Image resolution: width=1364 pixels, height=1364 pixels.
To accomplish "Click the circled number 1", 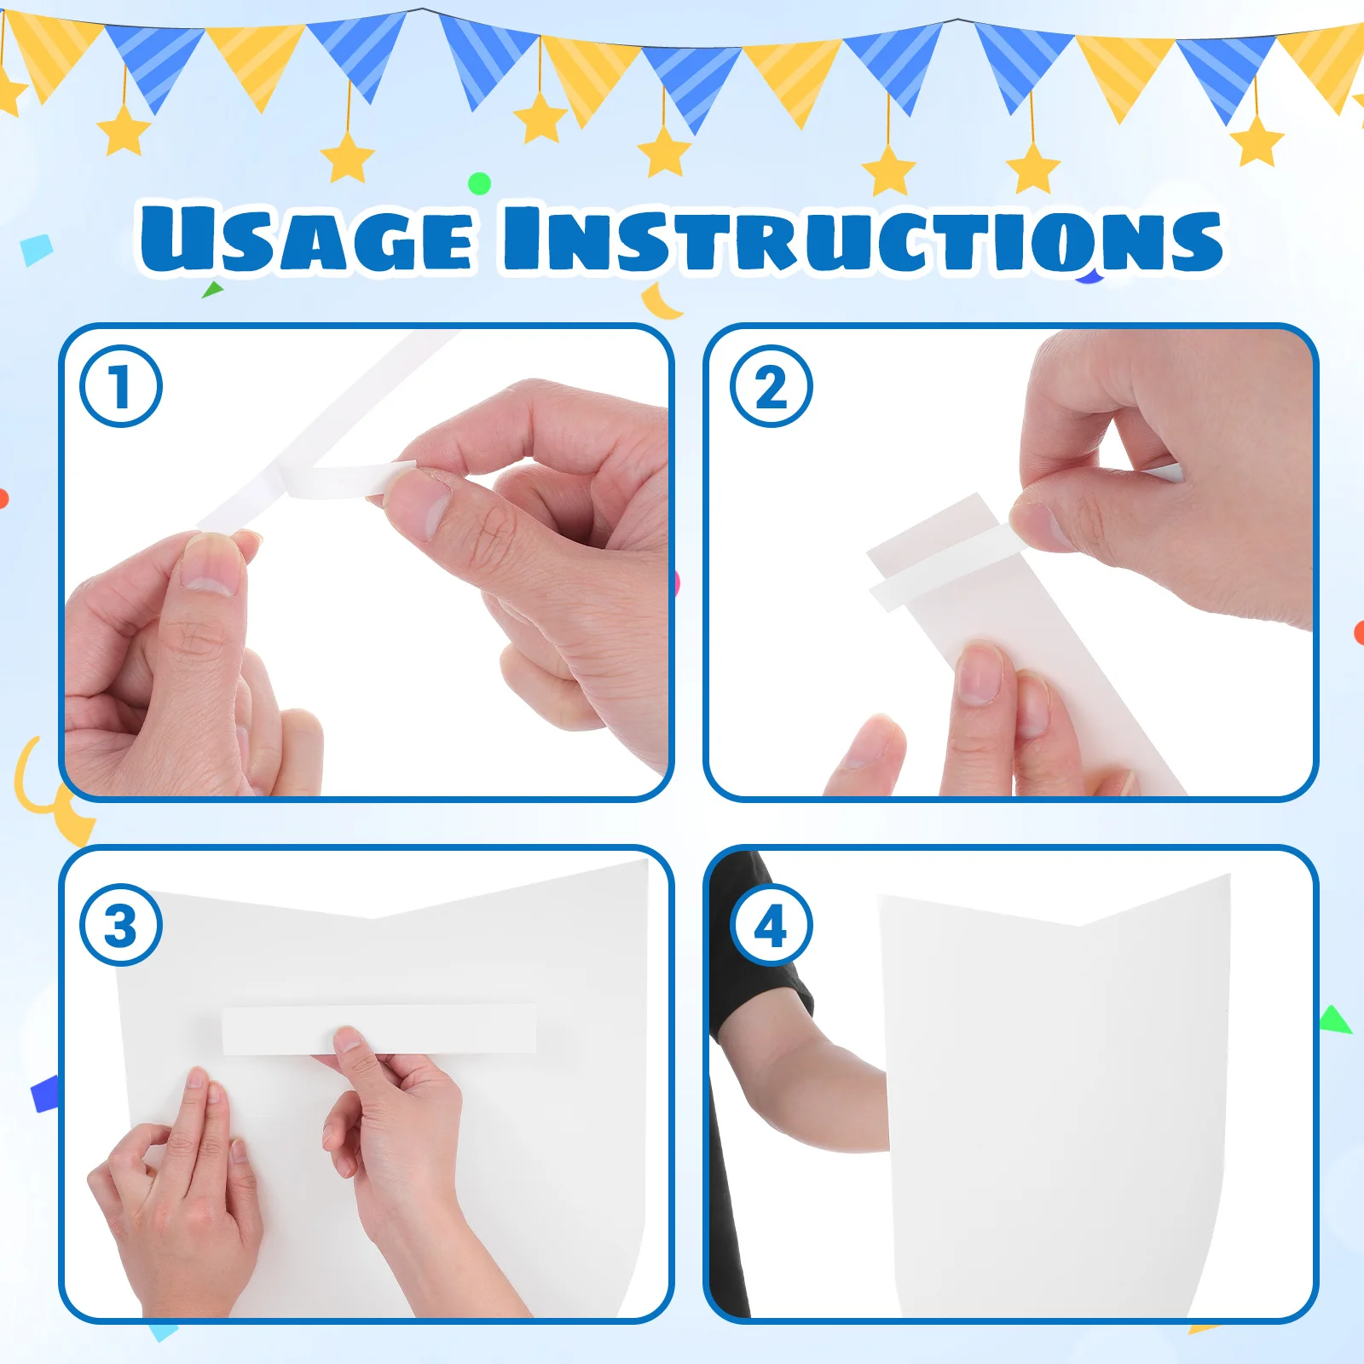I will point(120,386).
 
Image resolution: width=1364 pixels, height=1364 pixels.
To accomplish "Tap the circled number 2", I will point(771,386).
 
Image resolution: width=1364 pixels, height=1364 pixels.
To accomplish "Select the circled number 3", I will point(120,925).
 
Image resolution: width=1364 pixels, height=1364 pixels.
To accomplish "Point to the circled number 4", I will point(771,925).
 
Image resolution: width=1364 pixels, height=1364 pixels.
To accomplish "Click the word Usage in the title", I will point(307,239).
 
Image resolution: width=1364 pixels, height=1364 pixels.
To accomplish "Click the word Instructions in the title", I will point(861,240).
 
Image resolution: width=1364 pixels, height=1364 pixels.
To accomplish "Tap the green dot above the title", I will point(480,183).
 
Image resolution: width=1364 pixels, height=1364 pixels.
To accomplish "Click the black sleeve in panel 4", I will point(750,963).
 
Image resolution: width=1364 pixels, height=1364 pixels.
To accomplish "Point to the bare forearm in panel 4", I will point(810,1091).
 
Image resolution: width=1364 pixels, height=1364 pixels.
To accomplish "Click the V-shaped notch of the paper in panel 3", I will point(373,917).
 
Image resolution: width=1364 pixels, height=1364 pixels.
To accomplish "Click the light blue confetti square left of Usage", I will point(37,250).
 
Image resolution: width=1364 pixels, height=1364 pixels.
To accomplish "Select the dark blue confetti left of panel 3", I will point(45,1093).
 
